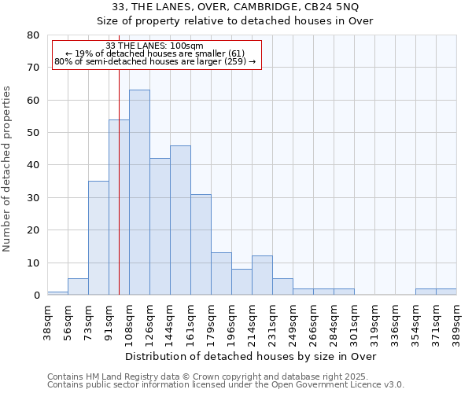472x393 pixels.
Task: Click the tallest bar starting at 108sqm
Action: tap(139, 193)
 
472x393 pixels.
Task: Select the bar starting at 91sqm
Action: tap(119, 208)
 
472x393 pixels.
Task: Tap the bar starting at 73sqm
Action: tap(98, 238)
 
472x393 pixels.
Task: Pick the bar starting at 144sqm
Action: tap(180, 220)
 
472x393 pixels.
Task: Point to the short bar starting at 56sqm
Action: tap(78, 287)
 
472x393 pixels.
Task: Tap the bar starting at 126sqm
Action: tap(160, 226)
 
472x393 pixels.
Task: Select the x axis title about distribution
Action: tap(252, 357)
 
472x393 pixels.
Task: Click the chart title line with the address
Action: tap(236, 7)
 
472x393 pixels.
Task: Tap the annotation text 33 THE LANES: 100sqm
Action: tap(154, 46)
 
